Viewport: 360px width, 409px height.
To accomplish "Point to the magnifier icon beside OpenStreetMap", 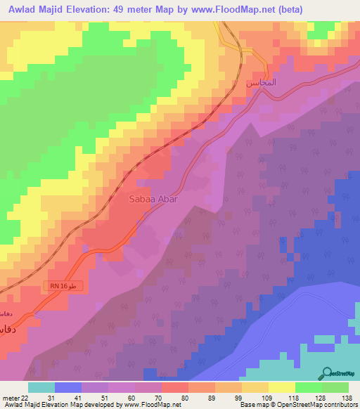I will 328,374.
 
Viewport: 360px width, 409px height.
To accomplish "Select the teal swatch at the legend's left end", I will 41,387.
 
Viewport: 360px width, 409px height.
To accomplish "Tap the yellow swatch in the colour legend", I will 282,387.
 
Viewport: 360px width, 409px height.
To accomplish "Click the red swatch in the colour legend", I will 175,387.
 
